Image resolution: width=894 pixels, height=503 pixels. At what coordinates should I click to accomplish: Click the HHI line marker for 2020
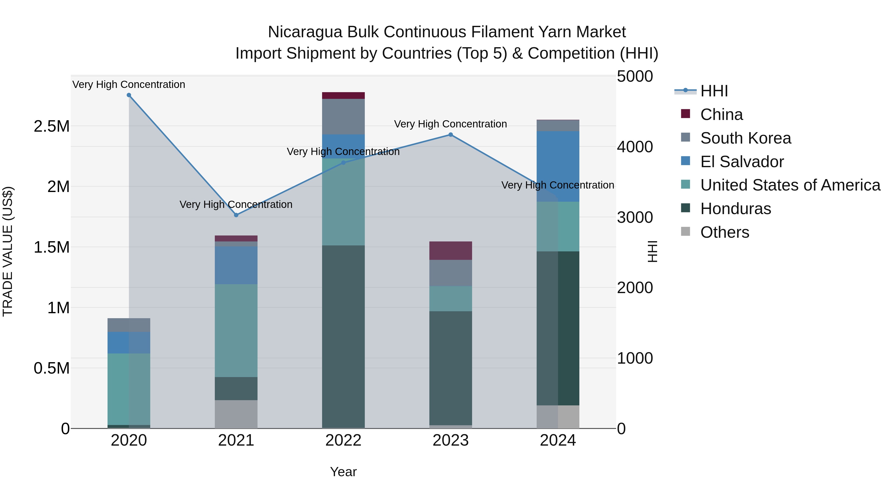(129, 95)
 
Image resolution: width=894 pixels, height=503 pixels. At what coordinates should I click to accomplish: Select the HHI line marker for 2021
(236, 215)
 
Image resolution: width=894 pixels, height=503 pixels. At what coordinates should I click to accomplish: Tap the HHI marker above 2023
(450, 135)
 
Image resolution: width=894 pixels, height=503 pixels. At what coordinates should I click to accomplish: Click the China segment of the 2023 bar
(450, 251)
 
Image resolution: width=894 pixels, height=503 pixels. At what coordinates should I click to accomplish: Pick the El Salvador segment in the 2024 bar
(558, 167)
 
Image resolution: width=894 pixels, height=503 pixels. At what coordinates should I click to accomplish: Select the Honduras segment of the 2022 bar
(343, 337)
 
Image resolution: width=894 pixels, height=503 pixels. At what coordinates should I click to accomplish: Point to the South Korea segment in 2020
(129, 325)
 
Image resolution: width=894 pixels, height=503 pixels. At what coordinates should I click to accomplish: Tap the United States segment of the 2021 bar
(236, 330)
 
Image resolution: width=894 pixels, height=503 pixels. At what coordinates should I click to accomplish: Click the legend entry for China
(721, 115)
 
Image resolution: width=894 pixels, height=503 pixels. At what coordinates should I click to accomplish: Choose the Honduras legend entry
(735, 209)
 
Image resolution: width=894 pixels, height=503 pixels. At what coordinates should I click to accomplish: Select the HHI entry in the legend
(714, 91)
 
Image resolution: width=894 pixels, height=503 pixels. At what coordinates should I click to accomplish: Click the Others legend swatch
(685, 232)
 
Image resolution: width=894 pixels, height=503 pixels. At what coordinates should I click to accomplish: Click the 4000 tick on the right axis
(635, 147)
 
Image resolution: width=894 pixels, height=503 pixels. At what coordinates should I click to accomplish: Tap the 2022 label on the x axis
(343, 440)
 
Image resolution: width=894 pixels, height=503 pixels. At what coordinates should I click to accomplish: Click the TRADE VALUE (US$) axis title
(8, 252)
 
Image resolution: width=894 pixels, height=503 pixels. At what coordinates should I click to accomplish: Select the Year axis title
(343, 472)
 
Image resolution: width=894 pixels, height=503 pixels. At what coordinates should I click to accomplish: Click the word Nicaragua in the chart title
(305, 32)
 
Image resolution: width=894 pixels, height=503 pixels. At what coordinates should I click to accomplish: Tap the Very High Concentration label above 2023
(450, 124)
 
